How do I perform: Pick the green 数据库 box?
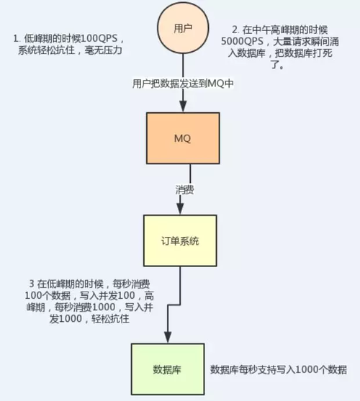[x=166, y=370]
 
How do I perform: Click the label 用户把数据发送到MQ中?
[x=183, y=83]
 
